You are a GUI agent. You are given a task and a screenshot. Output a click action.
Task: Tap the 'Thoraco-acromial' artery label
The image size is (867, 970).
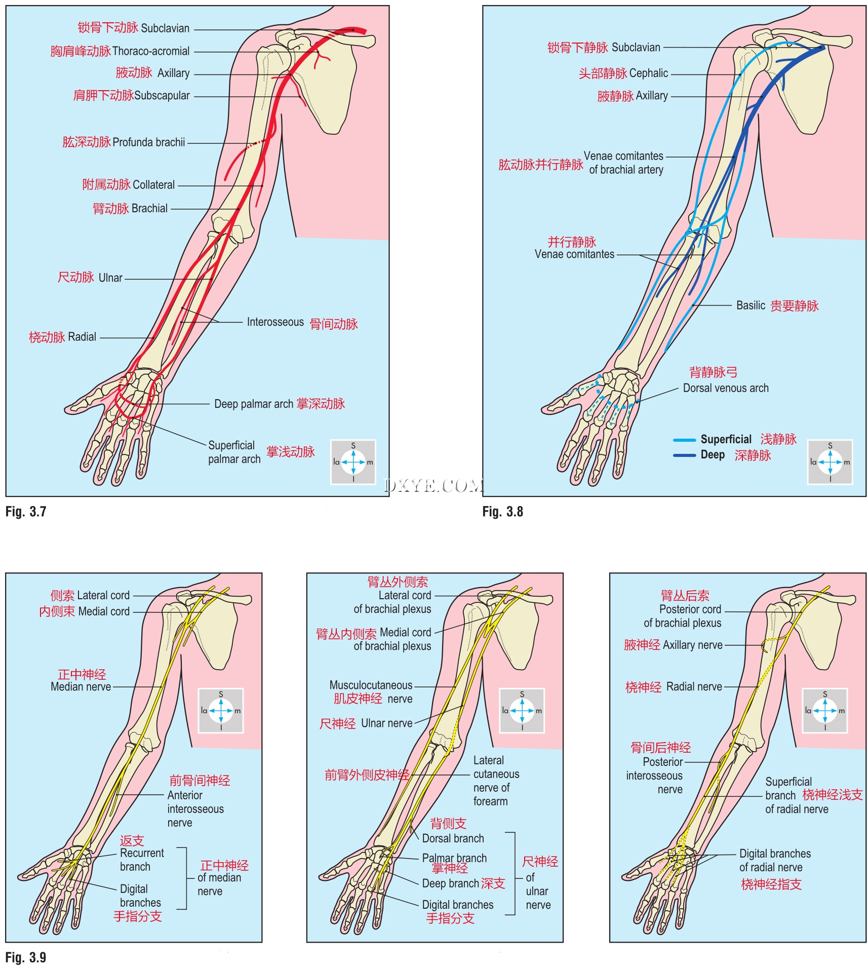click(x=150, y=51)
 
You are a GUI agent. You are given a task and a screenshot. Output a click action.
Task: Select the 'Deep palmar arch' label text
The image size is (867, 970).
click(x=254, y=404)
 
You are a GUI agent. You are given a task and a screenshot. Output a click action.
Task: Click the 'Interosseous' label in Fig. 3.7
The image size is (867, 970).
click(x=275, y=322)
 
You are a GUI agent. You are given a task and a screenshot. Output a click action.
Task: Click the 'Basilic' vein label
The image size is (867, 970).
click(x=750, y=305)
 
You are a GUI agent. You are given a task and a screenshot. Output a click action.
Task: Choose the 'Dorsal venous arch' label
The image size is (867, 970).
click(x=725, y=388)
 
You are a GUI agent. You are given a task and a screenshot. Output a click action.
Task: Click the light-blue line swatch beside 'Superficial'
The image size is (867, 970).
click(x=684, y=440)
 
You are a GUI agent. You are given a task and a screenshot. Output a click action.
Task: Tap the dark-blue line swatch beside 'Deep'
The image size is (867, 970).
click(x=684, y=455)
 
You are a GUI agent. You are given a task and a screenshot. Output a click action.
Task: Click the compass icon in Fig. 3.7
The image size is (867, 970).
click(x=353, y=462)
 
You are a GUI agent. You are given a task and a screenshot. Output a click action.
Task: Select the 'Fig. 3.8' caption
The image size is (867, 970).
click(x=502, y=512)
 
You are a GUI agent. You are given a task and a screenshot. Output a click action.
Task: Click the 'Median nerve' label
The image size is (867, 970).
click(x=81, y=687)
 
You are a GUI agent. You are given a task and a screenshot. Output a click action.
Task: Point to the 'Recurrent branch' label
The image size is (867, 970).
click(x=142, y=860)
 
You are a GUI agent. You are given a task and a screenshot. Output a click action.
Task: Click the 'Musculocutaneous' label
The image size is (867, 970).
click(x=371, y=685)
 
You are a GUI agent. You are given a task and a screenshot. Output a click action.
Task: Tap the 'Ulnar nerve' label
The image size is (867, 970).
click(x=386, y=723)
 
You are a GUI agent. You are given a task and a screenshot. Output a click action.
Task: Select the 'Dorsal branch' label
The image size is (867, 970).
click(x=453, y=838)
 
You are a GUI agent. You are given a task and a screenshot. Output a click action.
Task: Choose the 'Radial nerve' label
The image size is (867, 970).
click(x=694, y=687)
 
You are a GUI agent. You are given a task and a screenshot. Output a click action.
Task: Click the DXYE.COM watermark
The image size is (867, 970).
click(x=433, y=486)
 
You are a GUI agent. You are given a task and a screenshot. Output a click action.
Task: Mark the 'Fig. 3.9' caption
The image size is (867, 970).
click(x=26, y=957)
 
